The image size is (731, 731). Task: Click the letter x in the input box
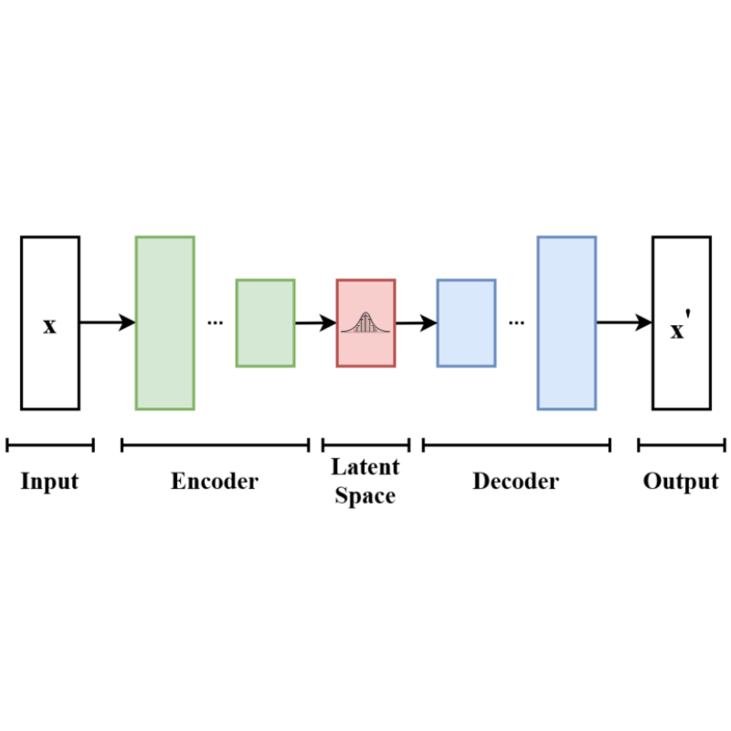point(49,325)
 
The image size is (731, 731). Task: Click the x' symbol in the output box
point(680,329)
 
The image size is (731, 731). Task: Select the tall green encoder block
point(164,323)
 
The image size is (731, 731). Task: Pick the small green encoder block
point(265,323)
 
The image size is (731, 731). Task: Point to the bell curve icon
point(365,323)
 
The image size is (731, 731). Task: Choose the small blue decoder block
point(466,323)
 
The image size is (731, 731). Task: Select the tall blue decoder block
point(567,323)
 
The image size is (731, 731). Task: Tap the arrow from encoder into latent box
point(315,323)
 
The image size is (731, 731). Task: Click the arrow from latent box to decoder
point(416,323)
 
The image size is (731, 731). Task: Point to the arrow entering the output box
point(624,323)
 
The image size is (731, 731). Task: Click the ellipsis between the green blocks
point(216,323)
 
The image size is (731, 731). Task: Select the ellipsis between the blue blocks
point(516,323)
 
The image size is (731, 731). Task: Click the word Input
point(49,482)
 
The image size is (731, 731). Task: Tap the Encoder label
point(215,482)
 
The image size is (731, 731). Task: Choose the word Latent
point(365,467)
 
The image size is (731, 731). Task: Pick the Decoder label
point(515,482)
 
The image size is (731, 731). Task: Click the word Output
point(681,482)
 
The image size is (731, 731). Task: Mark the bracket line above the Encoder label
point(215,445)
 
